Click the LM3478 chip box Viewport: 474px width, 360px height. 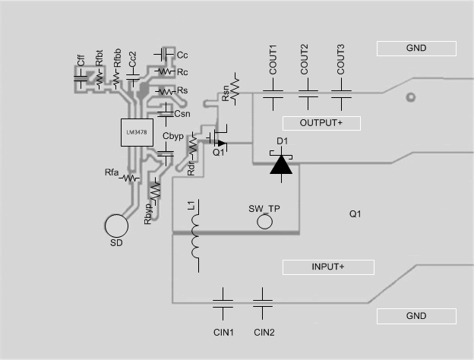pyautogui.click(x=137, y=134)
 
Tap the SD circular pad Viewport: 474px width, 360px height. pyautogui.click(x=117, y=226)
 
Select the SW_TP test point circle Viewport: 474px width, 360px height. pyautogui.click(x=265, y=222)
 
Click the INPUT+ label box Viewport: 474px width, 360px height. pyautogui.click(x=328, y=267)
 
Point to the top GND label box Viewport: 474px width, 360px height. pyautogui.click(x=416, y=49)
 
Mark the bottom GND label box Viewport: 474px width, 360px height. pyautogui.click(x=416, y=316)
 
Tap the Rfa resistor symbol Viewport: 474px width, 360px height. pyautogui.click(x=131, y=178)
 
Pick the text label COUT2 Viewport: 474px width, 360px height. pyautogui.click(x=305, y=58)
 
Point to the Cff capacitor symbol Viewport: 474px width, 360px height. pyautogui.click(x=80, y=77)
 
